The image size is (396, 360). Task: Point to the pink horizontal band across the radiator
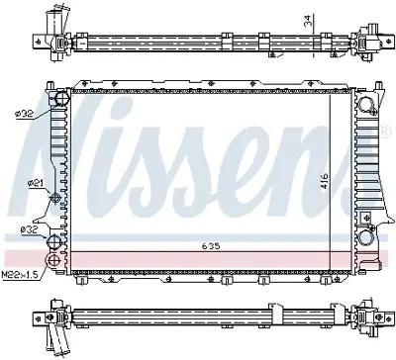pos(198,258)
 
